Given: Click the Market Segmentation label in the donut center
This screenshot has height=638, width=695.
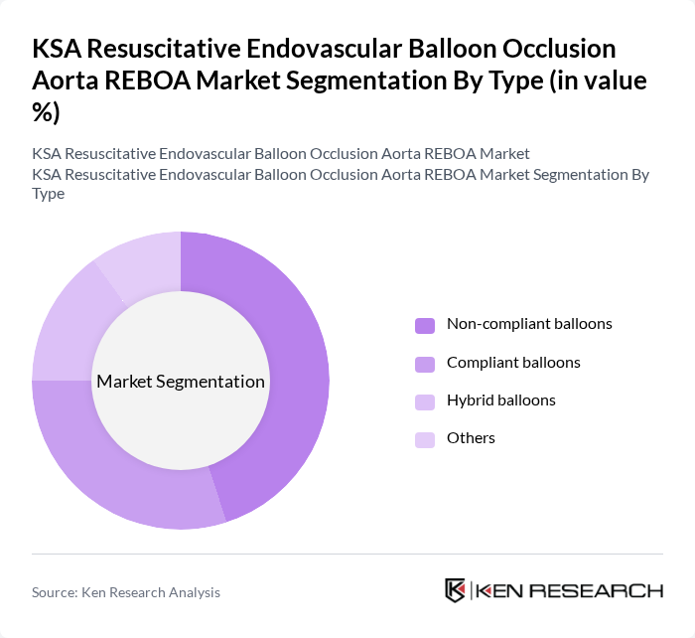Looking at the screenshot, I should (x=181, y=382).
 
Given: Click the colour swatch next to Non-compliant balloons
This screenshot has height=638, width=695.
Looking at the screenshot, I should (x=425, y=325).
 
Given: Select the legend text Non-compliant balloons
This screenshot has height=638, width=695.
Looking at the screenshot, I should (x=529, y=324).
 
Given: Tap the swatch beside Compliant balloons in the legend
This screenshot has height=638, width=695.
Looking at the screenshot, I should (x=425, y=364).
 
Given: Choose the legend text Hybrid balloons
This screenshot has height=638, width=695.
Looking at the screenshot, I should (x=500, y=400).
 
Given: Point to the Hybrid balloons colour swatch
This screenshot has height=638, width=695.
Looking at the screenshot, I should (x=425, y=401).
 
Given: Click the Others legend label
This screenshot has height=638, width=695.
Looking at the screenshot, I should (x=471, y=438).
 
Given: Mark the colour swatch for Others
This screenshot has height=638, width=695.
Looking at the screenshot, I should (x=425, y=439).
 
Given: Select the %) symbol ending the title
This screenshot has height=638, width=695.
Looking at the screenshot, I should (x=46, y=113).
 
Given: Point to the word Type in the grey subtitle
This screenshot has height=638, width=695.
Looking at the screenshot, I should (x=48, y=193).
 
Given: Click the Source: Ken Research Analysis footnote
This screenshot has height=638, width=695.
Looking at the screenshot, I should (x=126, y=592).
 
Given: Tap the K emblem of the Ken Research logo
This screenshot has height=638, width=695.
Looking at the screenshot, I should (x=455, y=590).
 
